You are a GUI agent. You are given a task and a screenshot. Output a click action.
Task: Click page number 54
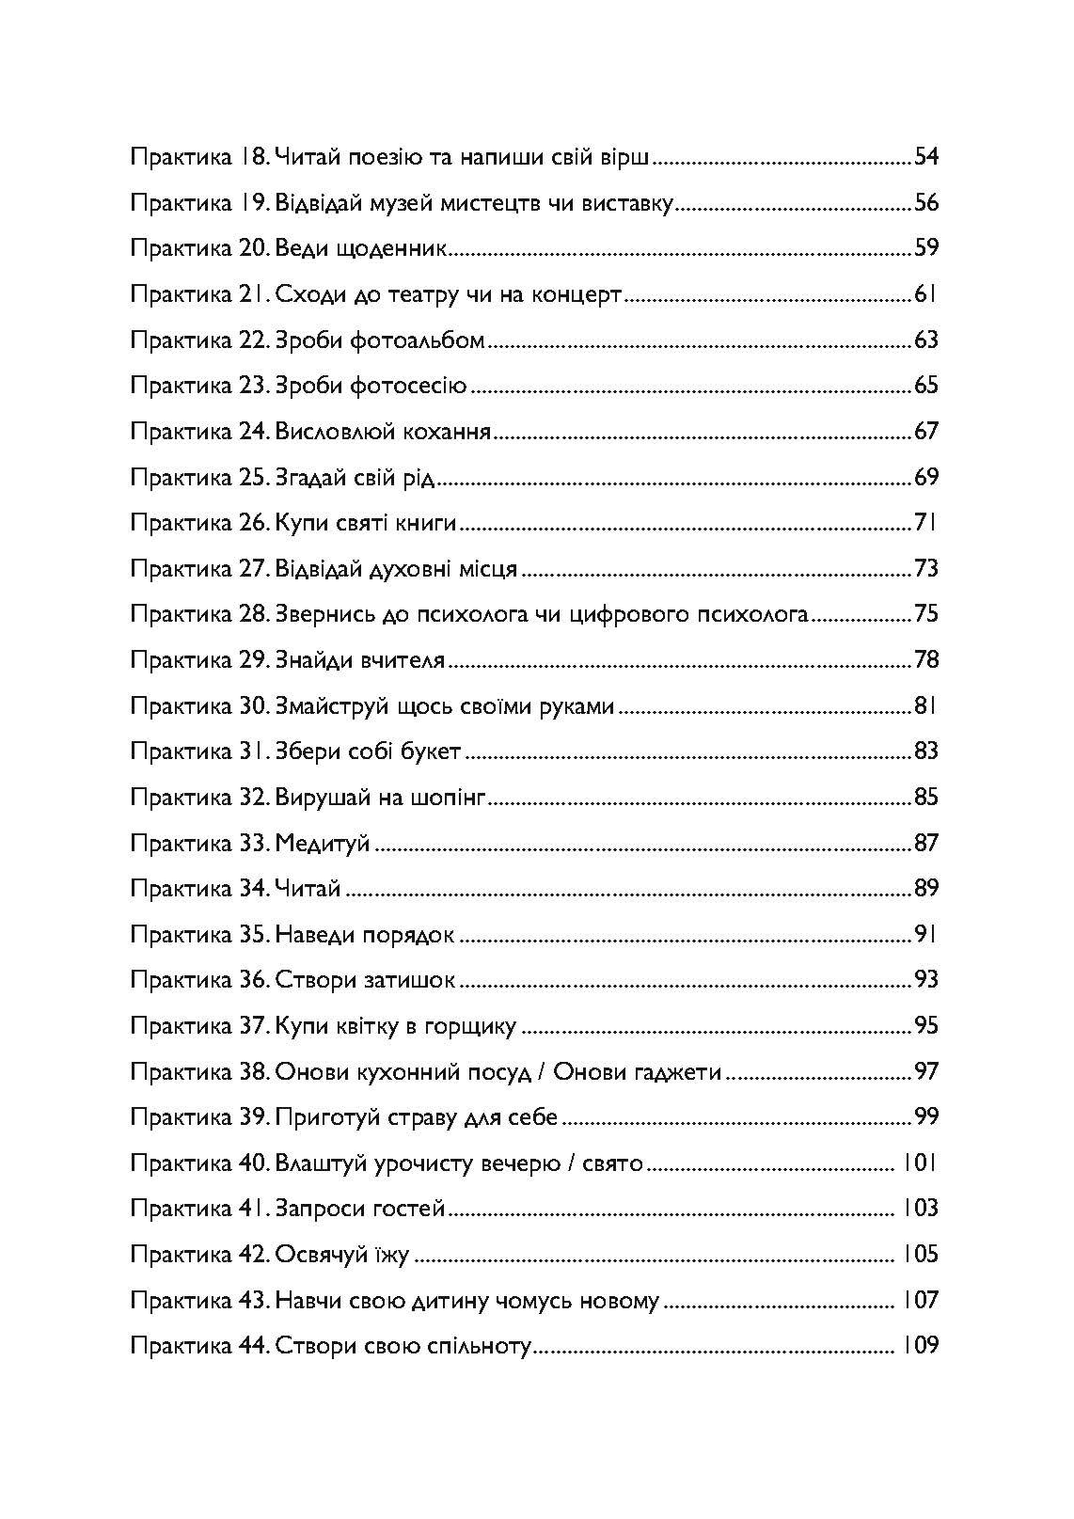pyautogui.click(x=926, y=156)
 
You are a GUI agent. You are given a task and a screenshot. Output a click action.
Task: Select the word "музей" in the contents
pyautogui.click(x=389, y=202)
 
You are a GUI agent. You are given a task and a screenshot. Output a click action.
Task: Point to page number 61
pyautogui.click(x=926, y=294)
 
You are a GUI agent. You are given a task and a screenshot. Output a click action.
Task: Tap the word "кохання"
pyautogui.click(x=447, y=433)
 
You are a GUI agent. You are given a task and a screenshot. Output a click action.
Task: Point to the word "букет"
pyautogui.click(x=430, y=752)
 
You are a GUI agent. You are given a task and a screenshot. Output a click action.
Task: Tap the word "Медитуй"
pyautogui.click(x=323, y=844)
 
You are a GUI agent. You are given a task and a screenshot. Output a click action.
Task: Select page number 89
pyautogui.click(x=926, y=889)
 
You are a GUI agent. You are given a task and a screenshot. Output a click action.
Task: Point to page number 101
pyautogui.click(x=921, y=1163)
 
